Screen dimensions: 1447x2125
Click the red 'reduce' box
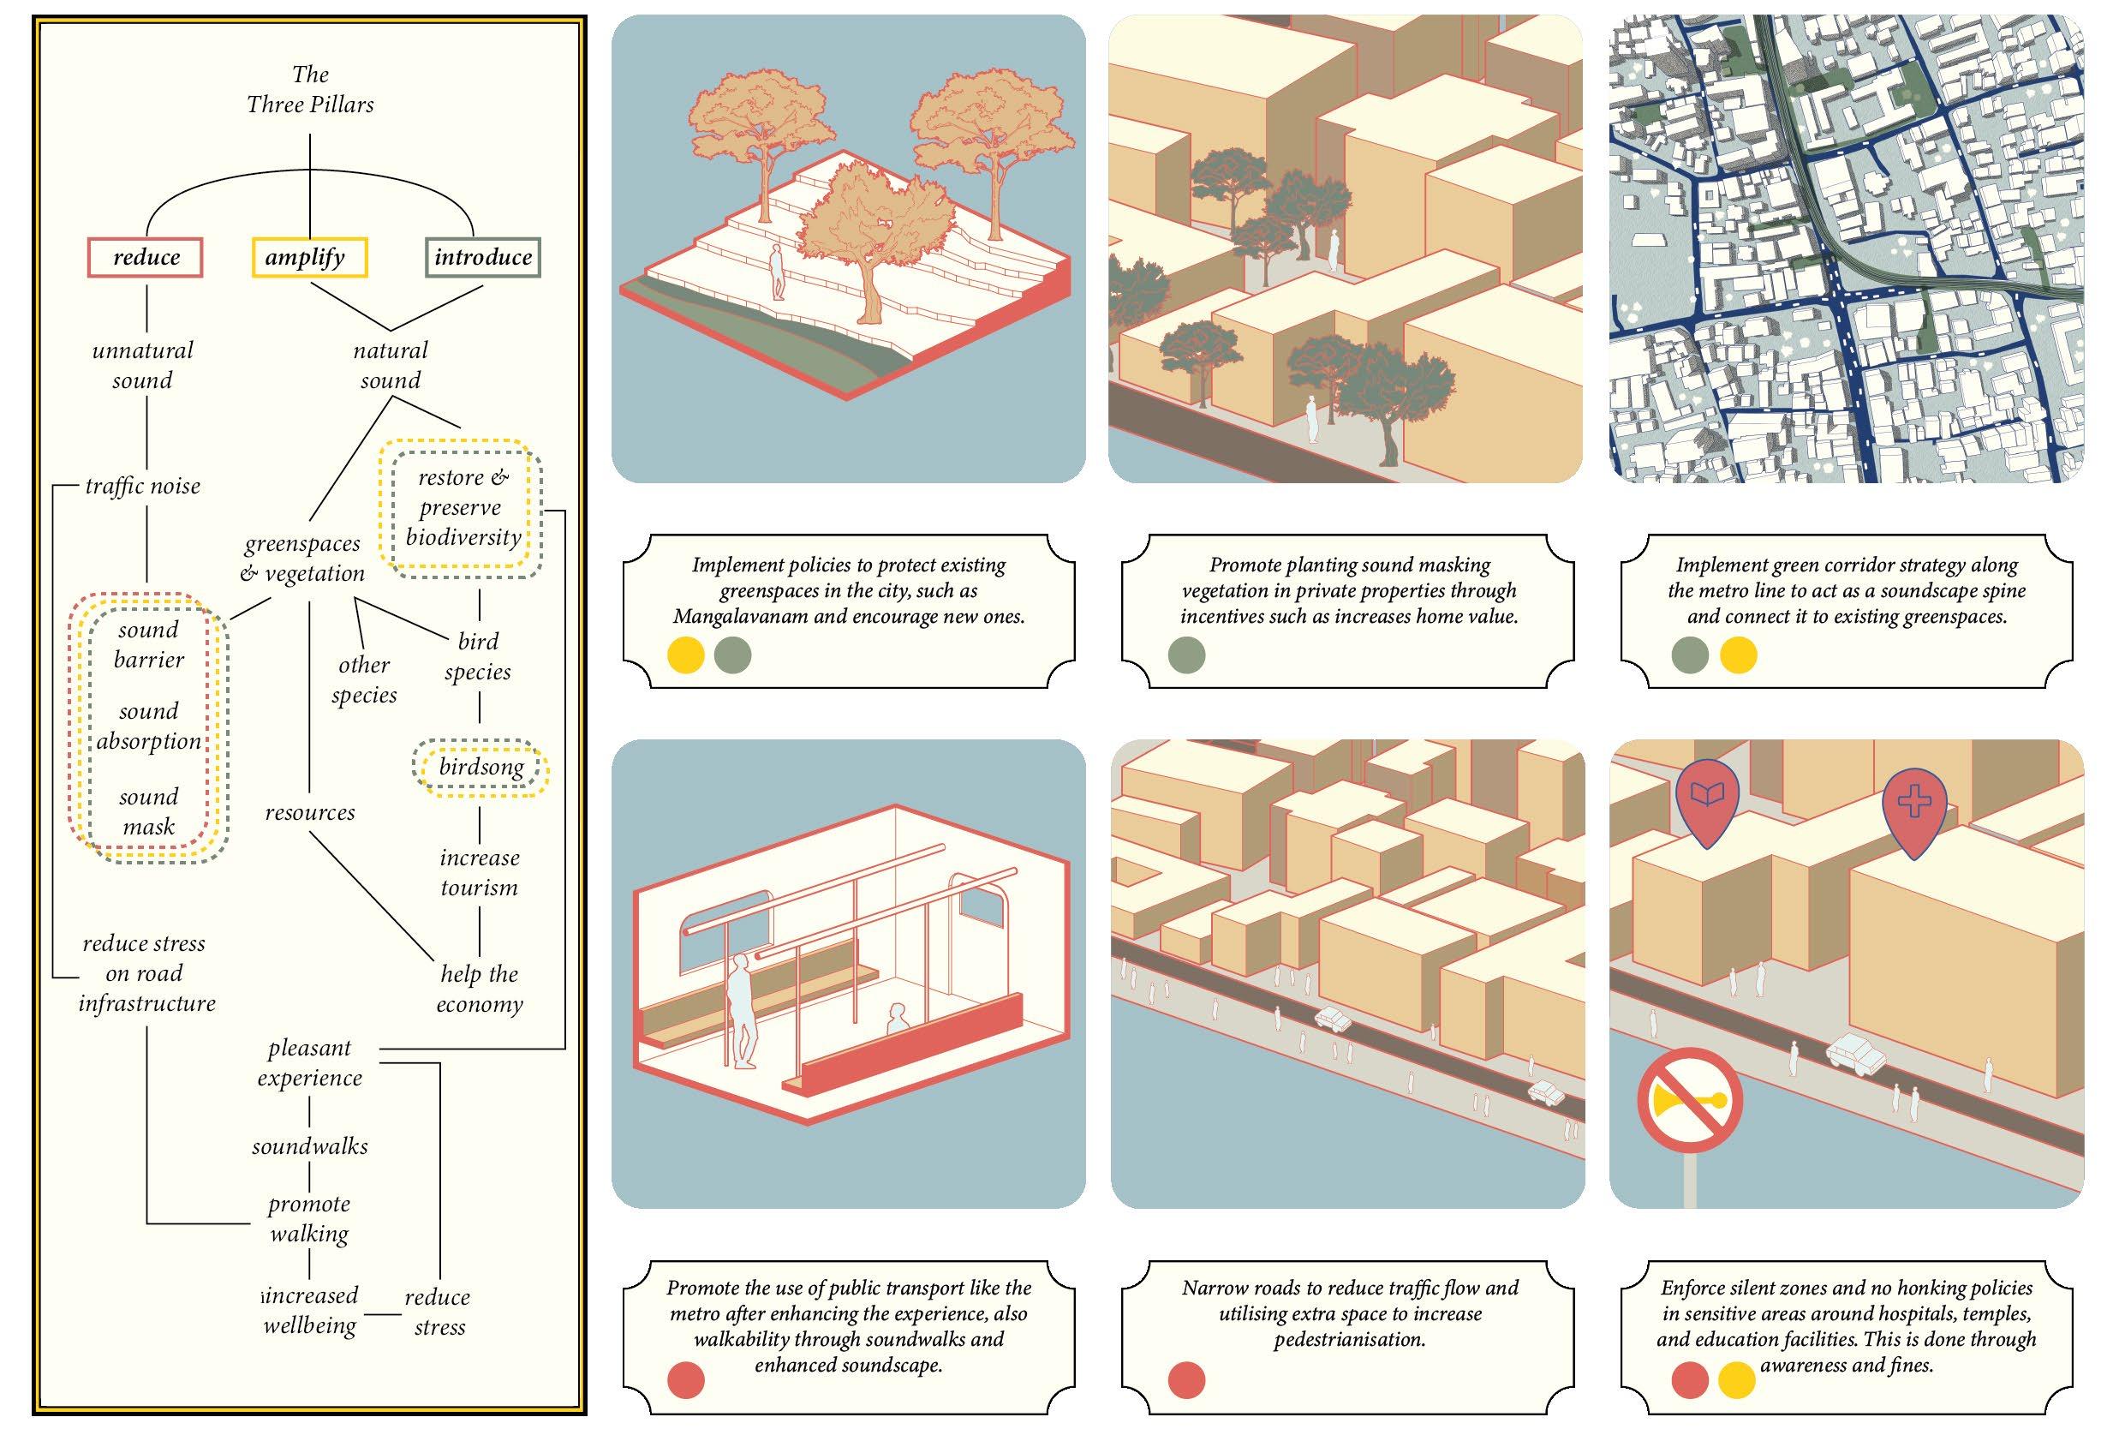145,258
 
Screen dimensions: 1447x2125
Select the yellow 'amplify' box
309,258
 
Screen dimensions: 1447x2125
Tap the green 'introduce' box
483,258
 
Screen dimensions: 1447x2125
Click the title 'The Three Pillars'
310,90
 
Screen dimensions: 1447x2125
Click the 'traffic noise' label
143,486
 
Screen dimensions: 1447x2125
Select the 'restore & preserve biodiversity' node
463,508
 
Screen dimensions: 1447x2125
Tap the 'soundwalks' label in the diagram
310,1146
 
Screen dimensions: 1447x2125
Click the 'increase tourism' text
479,873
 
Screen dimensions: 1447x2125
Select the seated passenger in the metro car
897,1018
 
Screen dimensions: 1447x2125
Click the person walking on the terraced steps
777,272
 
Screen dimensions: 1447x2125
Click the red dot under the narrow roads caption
1187,1380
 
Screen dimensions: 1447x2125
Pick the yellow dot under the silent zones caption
1736,1380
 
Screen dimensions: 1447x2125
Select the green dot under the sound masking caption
1187,655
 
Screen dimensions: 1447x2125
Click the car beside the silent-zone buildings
1854,1053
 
